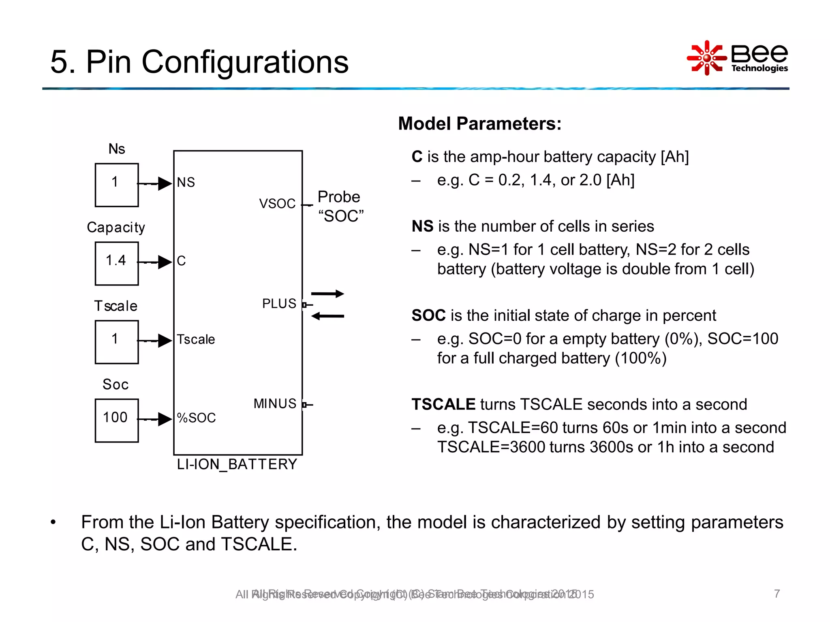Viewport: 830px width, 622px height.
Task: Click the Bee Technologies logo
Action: pyautogui.click(x=737, y=58)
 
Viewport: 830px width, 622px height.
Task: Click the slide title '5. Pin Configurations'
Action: pyautogui.click(x=199, y=62)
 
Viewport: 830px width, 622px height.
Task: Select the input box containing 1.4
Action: pyautogui.click(x=117, y=264)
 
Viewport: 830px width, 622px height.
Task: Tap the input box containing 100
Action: pyautogui.click(x=117, y=420)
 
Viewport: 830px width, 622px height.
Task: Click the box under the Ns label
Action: pyautogui.click(x=117, y=185)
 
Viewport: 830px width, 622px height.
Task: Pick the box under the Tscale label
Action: pyautogui.click(x=117, y=342)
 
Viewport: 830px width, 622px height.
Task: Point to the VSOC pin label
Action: pyautogui.click(x=277, y=204)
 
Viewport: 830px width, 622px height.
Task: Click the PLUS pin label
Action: pyautogui.click(x=279, y=304)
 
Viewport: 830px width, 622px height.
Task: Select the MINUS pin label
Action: pyautogui.click(x=275, y=404)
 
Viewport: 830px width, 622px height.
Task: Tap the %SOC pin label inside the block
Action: pyautogui.click(x=197, y=418)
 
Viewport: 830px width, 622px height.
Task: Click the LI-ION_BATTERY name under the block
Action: pyautogui.click(x=237, y=464)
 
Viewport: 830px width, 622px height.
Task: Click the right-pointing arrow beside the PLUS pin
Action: pyautogui.click(x=327, y=294)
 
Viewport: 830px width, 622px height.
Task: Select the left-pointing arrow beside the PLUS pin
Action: pyautogui.click(x=327, y=316)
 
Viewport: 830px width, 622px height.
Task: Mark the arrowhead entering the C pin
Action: pyautogui.click(x=165, y=262)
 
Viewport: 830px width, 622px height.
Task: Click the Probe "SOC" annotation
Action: pyautogui.click(x=340, y=207)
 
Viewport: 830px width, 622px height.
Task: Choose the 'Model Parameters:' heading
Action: pyautogui.click(x=480, y=124)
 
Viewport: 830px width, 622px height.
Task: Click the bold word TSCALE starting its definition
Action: pyautogui.click(x=443, y=405)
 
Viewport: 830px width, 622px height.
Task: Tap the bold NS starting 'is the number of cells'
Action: pyautogui.click(x=422, y=226)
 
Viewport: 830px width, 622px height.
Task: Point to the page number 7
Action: pyautogui.click(x=777, y=594)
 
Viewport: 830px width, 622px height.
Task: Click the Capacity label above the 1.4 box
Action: pyautogui.click(x=116, y=228)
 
